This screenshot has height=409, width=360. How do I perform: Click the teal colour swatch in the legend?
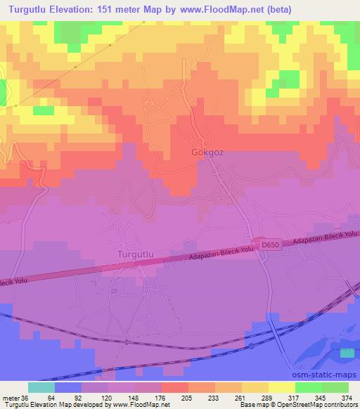coord(41,387)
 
